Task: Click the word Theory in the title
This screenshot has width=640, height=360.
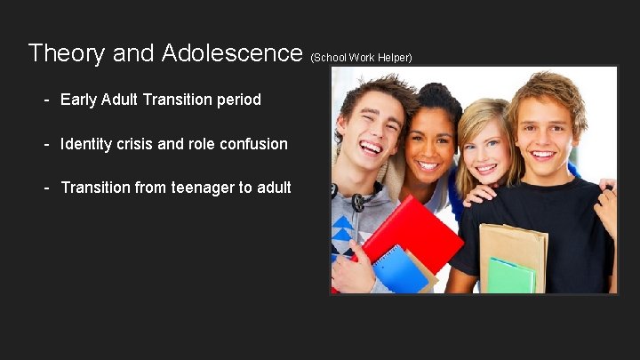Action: click(67, 53)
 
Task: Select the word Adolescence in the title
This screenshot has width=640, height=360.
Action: click(232, 53)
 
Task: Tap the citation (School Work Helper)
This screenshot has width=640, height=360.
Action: click(362, 58)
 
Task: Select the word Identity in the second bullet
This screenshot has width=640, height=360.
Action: click(88, 143)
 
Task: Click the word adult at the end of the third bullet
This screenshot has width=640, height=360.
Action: click(271, 188)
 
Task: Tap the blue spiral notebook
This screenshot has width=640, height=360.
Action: click(398, 269)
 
